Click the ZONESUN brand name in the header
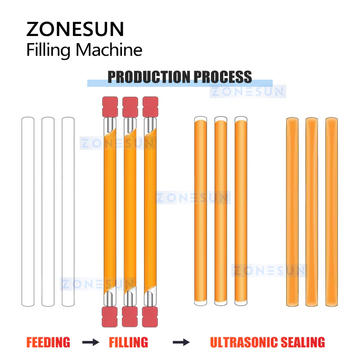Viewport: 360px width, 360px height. [75, 29]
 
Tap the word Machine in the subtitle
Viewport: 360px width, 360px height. [109, 49]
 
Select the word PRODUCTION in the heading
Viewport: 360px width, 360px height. [149, 77]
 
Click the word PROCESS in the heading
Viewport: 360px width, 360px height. [223, 77]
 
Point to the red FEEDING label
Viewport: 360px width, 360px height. [48, 342]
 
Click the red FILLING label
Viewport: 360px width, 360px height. [128, 342]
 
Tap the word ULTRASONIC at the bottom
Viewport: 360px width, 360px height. [244, 342]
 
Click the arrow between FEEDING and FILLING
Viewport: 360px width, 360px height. [91, 342]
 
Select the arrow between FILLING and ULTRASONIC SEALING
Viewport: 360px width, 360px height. [181, 342]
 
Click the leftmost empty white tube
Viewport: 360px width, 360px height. [28, 211]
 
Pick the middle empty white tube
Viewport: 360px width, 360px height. [48, 211]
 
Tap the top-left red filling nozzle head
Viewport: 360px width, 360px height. [110, 107]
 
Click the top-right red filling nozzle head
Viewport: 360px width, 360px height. [150, 107]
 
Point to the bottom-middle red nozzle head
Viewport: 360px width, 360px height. [130, 317]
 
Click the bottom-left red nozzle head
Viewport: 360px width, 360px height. [109, 317]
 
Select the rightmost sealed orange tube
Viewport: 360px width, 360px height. [332, 212]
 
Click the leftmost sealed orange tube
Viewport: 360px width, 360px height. [292, 212]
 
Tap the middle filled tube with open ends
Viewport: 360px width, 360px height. [220, 211]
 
